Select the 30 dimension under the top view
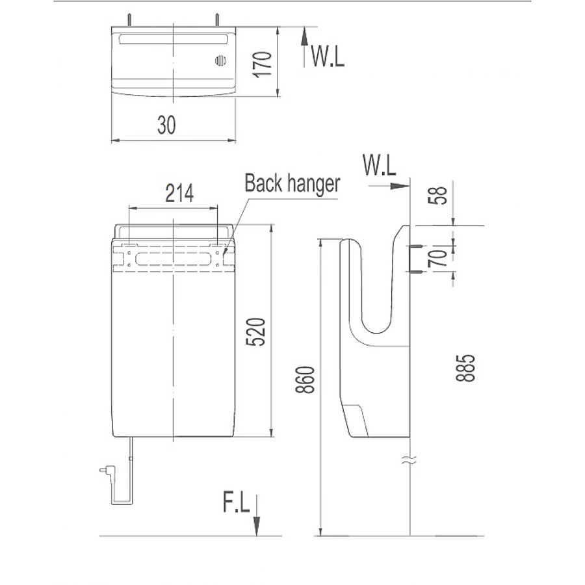click(x=166, y=125)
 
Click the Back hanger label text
click(x=292, y=183)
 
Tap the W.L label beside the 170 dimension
click(x=328, y=57)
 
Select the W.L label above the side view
click(x=380, y=166)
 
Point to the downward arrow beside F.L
click(x=257, y=517)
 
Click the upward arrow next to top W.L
click(x=304, y=47)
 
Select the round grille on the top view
click(x=220, y=62)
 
